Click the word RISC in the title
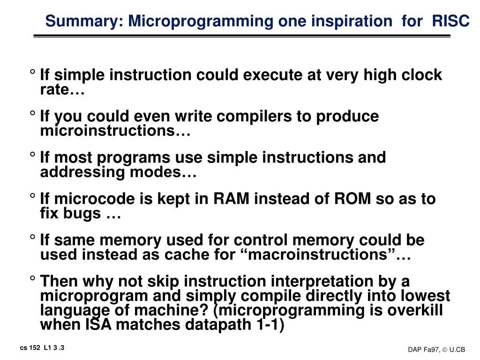(x=450, y=21)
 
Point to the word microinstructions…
(x=115, y=131)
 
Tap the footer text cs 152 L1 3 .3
(x=42, y=347)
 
